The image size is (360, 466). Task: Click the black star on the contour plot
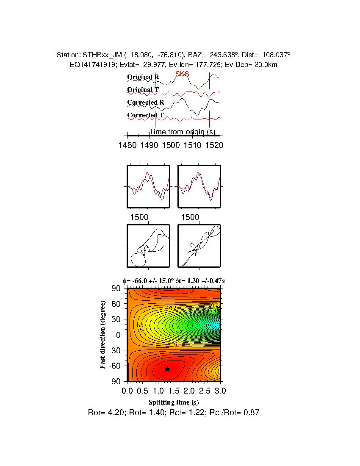coord(167,369)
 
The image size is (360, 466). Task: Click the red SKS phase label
coord(182,74)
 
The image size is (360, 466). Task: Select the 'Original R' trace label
coord(143,77)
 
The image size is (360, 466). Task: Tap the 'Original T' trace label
coord(143,90)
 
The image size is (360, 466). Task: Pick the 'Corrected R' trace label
coord(145,103)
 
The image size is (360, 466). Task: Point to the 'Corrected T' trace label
coord(145,115)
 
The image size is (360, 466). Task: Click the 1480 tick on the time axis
coord(127,145)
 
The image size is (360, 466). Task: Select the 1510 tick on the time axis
coord(192,145)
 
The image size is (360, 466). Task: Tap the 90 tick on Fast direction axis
coord(117,288)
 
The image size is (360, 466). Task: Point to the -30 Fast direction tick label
coord(115,350)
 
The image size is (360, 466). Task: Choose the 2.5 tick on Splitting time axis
coord(205,390)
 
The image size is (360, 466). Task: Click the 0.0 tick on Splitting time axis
coord(127,390)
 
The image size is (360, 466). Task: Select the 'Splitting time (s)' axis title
coord(174,402)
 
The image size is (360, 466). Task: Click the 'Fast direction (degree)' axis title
coord(103,335)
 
